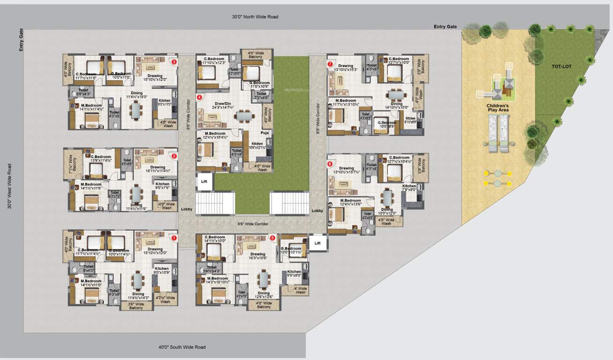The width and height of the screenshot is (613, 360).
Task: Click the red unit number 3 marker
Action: (x=174, y=61)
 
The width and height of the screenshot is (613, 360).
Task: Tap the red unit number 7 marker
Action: (x=330, y=64)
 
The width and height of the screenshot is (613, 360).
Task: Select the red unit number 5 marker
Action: (x=272, y=238)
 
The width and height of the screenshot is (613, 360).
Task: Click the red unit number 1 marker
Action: (x=174, y=238)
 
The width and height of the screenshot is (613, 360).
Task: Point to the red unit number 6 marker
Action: (x=330, y=164)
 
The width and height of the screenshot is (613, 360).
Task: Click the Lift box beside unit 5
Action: (x=318, y=243)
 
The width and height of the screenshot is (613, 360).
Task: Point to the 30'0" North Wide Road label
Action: (x=255, y=17)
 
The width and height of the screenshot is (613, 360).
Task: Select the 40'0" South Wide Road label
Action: (x=182, y=347)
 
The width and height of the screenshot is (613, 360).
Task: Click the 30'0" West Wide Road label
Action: (x=10, y=186)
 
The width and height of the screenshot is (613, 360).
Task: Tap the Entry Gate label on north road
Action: (x=445, y=27)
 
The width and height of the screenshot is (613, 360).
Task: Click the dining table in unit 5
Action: (x=264, y=280)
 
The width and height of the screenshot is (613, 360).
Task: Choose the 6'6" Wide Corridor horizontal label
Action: (x=253, y=224)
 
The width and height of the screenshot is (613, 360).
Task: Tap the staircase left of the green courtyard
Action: (x=215, y=202)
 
